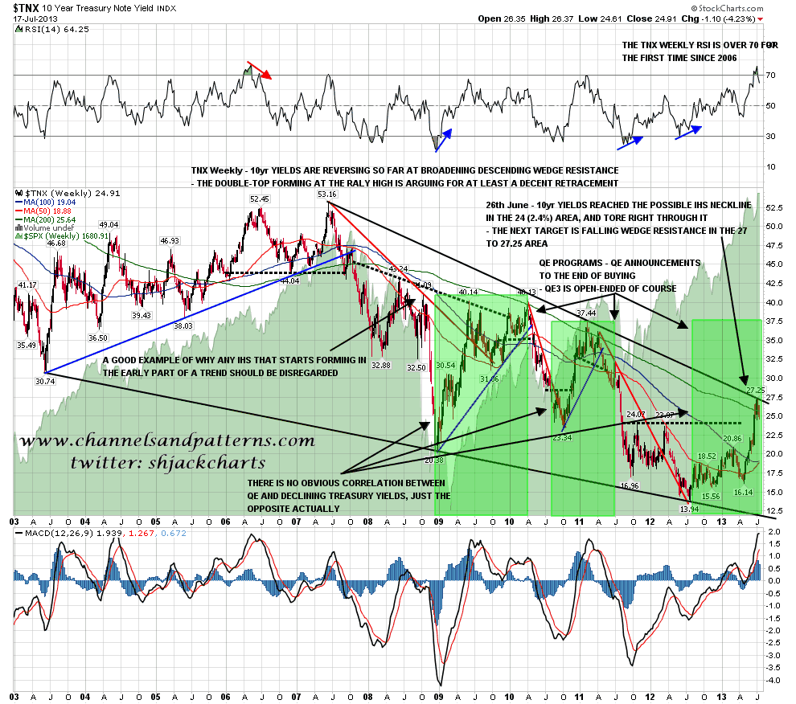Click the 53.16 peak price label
pos(328,194)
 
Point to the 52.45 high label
pos(259,199)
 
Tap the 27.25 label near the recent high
pos(755,390)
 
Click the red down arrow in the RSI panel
pos(260,70)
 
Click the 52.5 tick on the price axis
pos(774,207)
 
